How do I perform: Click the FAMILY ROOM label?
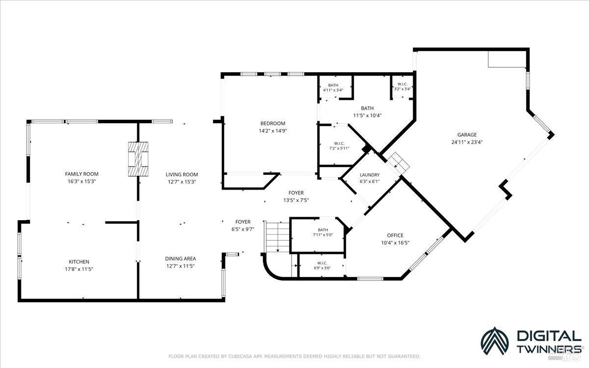pos(82,174)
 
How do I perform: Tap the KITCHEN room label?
pos(79,262)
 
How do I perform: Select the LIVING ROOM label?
pos(182,174)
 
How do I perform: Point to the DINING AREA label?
pos(181,259)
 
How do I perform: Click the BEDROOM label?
pos(273,123)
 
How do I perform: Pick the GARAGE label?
pos(467,135)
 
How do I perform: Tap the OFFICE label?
pos(395,235)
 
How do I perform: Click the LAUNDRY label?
pos(370,175)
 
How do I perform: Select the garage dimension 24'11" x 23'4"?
pos(467,142)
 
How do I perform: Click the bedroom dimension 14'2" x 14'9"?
pos(273,131)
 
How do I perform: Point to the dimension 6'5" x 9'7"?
pos(242,229)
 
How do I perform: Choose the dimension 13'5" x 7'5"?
pos(296,200)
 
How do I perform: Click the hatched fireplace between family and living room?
pos(138,159)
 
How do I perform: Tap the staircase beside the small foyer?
pos(277,236)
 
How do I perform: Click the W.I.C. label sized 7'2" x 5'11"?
pos(339,143)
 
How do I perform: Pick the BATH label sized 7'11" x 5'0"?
pos(323,230)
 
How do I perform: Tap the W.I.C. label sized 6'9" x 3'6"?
pos(322,263)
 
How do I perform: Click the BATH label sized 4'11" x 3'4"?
pos(333,85)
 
